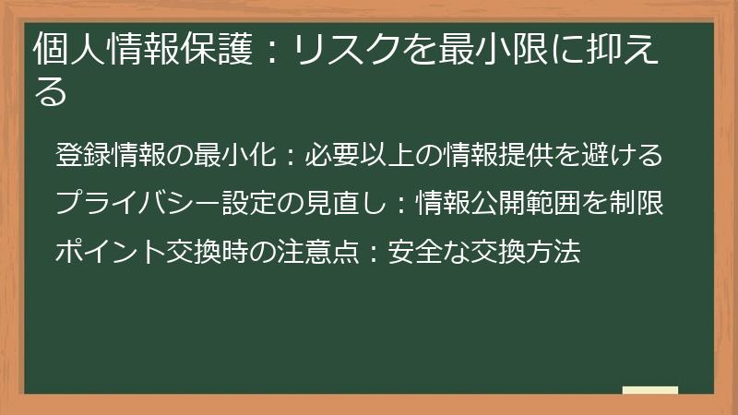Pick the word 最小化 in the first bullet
tap(233, 155)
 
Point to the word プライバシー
tap(137, 202)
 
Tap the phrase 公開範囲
tap(527, 202)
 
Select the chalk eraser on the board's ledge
tap(650, 391)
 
